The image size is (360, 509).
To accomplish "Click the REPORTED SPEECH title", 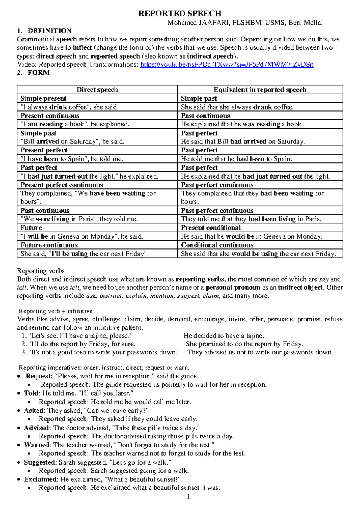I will click(180, 14).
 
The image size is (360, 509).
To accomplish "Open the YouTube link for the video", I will click(227, 65).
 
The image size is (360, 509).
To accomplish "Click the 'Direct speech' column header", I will click(97, 90).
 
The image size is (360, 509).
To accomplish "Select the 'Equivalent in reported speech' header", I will click(260, 90).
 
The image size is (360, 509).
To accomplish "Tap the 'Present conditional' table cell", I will click(211, 228).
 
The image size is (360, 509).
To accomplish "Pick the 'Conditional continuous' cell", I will click(217, 245).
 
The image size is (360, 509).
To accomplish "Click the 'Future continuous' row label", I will click(49, 245).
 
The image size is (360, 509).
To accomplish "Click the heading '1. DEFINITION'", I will click(44, 31).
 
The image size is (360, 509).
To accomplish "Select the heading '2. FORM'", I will click(34, 73).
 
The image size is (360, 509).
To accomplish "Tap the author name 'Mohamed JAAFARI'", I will click(199, 23).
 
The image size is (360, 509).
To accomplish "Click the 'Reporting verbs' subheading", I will click(41, 271).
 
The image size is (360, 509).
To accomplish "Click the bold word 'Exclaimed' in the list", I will click(40, 480).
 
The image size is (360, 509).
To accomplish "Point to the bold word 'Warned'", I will click(37, 445).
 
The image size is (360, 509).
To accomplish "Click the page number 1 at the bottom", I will click(188, 497).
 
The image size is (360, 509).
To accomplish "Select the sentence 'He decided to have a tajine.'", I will click(224, 336).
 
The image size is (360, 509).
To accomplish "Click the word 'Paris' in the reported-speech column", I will click(313, 219).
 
